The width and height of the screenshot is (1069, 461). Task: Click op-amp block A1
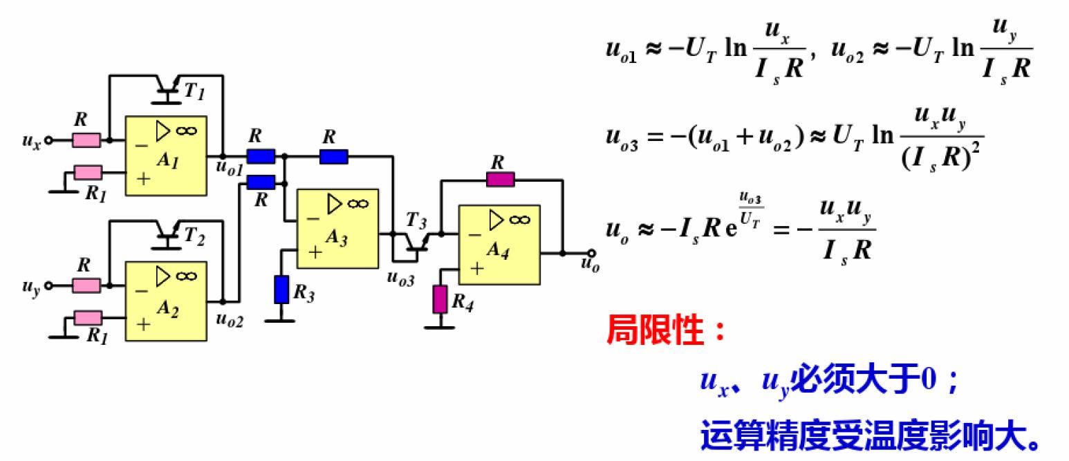[166, 156]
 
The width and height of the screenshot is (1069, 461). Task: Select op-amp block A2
[166, 301]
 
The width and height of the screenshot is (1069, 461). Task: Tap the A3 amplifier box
[337, 229]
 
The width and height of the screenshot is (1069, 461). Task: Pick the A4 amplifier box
[499, 245]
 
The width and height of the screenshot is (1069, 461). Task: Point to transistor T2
[167, 234]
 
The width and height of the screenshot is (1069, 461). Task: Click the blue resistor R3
[281, 289]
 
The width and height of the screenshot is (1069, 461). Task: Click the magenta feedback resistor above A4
[501, 180]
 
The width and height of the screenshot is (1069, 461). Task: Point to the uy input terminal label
[32, 287]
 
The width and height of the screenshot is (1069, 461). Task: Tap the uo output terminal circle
[591, 253]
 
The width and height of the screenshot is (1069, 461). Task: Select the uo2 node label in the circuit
[230, 319]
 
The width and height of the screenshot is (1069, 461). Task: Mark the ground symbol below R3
[281, 320]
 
